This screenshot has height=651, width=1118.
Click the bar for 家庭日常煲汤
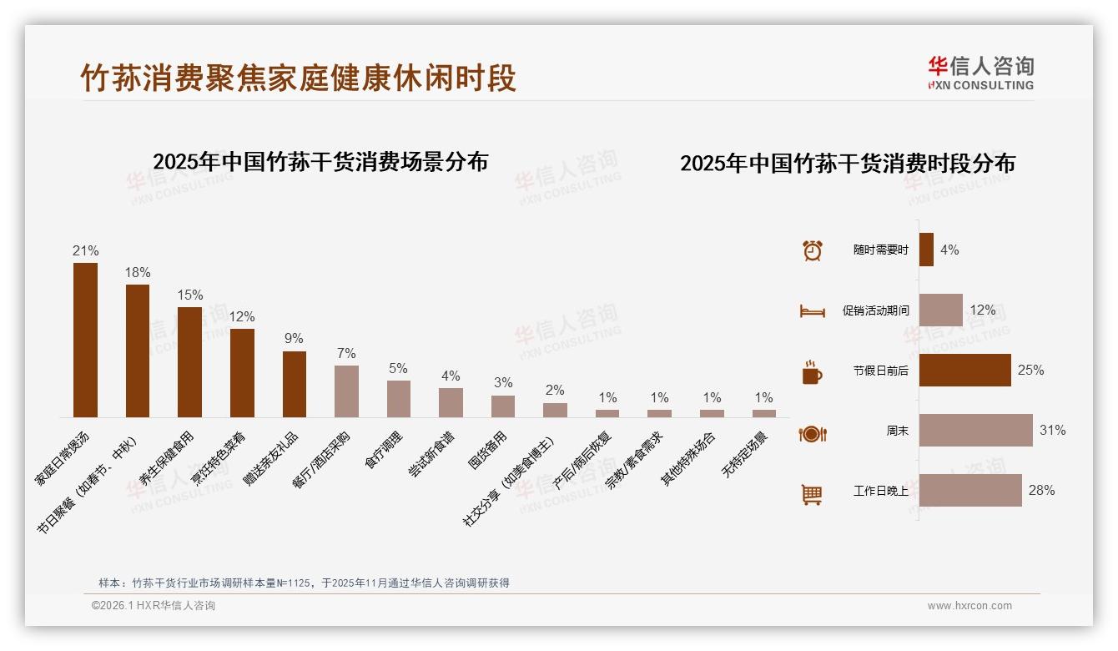(x=85, y=340)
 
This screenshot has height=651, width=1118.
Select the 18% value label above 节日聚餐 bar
(x=138, y=272)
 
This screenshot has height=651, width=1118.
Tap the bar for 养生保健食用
(x=189, y=361)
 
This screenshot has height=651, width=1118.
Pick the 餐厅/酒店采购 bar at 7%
(x=346, y=391)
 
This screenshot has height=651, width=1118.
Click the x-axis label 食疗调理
(x=384, y=451)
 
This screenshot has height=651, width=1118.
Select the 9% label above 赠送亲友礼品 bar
(x=294, y=339)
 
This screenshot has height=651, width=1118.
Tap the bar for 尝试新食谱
(x=451, y=402)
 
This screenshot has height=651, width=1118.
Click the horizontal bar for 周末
(x=975, y=431)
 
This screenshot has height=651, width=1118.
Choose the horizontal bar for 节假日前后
(x=964, y=371)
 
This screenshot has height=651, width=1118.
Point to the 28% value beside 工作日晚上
(x=1041, y=491)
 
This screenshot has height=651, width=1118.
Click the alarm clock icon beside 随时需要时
(x=812, y=250)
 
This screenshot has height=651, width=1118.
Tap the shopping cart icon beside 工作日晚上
(x=811, y=494)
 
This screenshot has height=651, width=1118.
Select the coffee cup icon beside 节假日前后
(x=811, y=372)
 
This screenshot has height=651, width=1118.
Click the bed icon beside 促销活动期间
(x=812, y=311)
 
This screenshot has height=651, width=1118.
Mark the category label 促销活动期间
(x=875, y=310)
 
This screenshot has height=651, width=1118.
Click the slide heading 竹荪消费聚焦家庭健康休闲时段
(x=298, y=78)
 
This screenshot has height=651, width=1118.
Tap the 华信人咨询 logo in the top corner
(x=980, y=73)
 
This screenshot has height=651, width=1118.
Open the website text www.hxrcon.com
(x=969, y=606)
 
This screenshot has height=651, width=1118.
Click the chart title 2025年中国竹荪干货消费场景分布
(x=320, y=161)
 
